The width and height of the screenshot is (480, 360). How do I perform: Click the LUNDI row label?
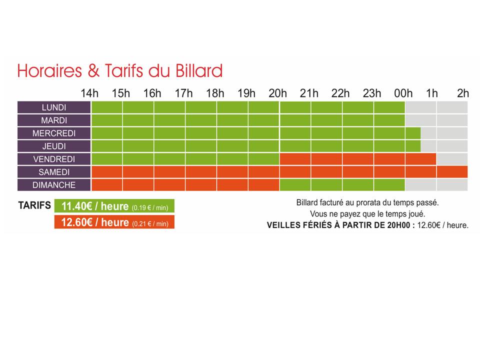click(54, 107)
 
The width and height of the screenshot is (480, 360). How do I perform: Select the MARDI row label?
click(54, 120)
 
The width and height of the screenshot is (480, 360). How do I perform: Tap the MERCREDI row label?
click(54, 133)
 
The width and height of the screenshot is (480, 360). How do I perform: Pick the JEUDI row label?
click(54, 146)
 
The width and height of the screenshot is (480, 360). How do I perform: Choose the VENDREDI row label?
click(54, 159)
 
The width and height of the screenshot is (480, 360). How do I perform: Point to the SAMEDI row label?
click(54, 172)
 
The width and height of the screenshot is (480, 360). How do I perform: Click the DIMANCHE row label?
click(54, 185)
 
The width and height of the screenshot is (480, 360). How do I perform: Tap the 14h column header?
click(89, 93)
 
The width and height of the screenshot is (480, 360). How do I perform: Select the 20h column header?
click(277, 93)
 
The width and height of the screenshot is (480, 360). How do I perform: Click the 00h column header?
click(403, 93)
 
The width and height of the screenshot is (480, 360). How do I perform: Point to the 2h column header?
click(463, 93)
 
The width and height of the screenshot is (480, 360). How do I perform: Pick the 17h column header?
click(183, 93)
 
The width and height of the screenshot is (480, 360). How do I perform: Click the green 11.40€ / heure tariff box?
click(114, 206)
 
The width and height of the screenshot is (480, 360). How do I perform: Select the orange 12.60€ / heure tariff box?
click(114, 222)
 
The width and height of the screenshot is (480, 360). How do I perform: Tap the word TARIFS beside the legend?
click(34, 205)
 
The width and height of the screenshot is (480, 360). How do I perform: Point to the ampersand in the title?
click(93, 71)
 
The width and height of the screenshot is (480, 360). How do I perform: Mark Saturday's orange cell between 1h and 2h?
click(452, 172)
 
